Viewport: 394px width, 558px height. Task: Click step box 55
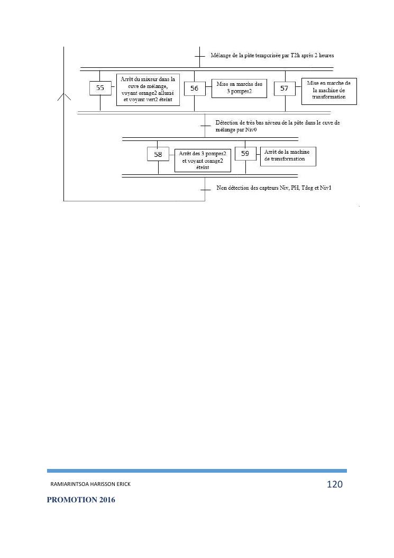[100, 88]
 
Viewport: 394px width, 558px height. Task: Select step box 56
[195, 88]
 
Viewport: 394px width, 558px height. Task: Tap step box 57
[285, 88]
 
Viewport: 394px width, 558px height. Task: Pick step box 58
[158, 154]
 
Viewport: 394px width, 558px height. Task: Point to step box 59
[245, 154]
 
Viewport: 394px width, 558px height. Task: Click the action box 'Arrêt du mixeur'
[148, 90]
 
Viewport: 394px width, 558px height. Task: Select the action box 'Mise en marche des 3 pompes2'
[239, 88]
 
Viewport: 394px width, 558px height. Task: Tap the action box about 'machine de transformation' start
[329, 91]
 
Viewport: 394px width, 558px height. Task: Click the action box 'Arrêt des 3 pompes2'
[203, 160]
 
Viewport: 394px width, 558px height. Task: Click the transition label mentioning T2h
[272, 55]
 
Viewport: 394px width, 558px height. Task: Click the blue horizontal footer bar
[197, 471]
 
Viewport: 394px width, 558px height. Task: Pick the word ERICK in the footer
[122, 484]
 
